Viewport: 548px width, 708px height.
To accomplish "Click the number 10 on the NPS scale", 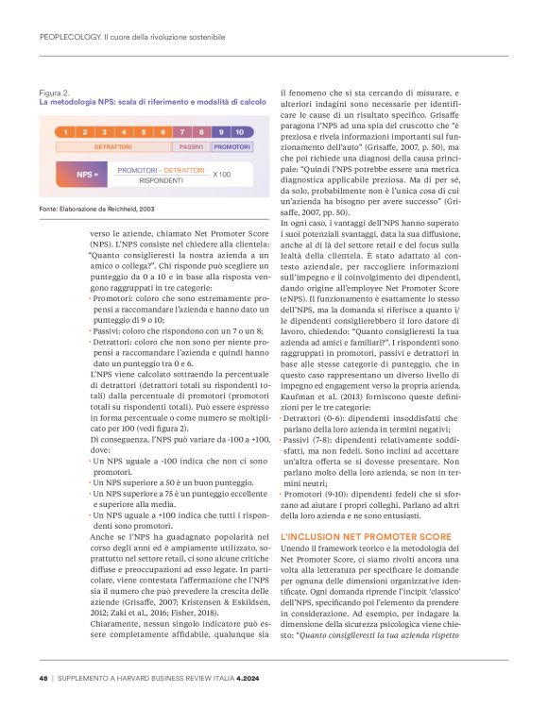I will click(240, 132).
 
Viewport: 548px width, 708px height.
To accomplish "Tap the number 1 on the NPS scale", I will click(65, 132).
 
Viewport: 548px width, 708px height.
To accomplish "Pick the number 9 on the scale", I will click(220, 132).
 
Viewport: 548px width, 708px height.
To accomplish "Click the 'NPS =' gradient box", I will click(88, 175).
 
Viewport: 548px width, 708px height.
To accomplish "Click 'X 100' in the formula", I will click(221, 175).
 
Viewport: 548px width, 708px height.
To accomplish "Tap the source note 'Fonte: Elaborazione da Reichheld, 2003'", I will click(97, 207).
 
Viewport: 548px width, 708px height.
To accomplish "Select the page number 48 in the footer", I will click(43, 678).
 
